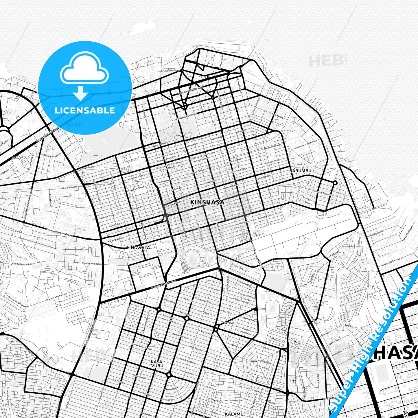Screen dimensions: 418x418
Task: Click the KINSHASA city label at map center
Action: click(207, 202)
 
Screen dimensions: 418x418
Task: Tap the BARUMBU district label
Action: click(300, 171)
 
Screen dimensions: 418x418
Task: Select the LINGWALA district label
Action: click(139, 248)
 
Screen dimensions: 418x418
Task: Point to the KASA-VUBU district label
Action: click(157, 364)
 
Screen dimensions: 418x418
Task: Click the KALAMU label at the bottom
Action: click(234, 414)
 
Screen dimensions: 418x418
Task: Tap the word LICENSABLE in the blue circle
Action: click(85, 110)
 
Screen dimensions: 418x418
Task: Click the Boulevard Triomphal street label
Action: click(163, 284)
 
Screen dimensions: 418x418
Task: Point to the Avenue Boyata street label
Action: click(87, 167)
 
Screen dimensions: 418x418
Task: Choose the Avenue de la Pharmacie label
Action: click(305, 144)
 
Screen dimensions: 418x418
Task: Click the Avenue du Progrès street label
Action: click(322, 193)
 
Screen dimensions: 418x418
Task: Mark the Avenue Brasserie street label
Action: click(375, 234)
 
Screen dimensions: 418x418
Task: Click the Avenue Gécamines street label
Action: click(170, 70)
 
